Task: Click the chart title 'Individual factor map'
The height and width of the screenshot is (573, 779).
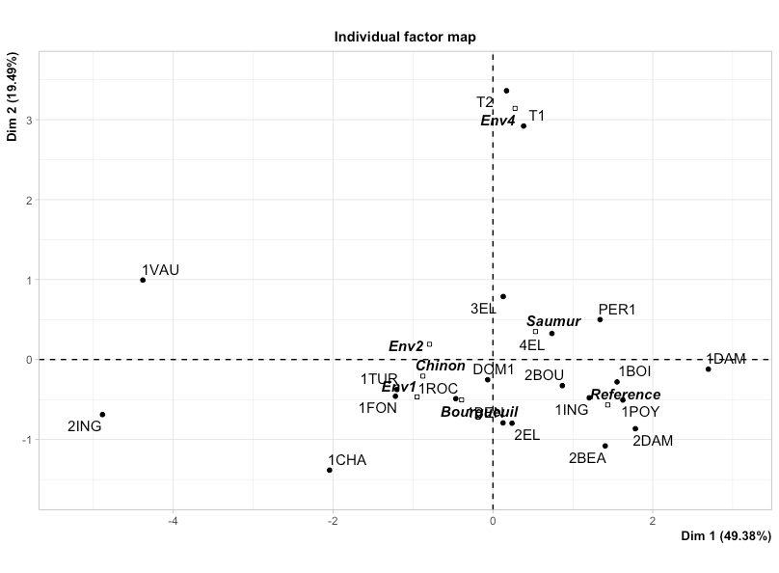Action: point(405,37)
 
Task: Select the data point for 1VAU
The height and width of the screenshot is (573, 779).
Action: point(143,280)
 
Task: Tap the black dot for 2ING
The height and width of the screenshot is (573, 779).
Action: point(102,415)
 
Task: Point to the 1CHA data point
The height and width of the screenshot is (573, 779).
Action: point(330,470)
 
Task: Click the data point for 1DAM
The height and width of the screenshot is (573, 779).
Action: point(709,369)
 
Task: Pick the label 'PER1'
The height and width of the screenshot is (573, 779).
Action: point(617,310)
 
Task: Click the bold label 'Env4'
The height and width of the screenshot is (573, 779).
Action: point(498,121)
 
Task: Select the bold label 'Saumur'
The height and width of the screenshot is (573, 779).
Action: point(553,321)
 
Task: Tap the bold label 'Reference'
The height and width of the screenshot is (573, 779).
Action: point(626,395)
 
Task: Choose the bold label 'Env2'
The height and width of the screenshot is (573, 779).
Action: point(406,346)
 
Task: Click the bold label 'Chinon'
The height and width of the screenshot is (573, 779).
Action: point(441,366)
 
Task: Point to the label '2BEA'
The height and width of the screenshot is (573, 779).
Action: point(587,458)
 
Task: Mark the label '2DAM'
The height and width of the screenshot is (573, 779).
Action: point(653,441)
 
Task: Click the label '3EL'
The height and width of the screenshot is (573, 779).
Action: point(483,309)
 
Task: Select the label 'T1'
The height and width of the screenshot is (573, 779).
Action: point(537,116)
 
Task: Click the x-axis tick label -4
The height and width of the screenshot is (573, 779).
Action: point(174,522)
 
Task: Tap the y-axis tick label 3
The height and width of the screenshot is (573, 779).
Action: point(29,121)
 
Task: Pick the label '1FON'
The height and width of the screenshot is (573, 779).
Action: point(378,408)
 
